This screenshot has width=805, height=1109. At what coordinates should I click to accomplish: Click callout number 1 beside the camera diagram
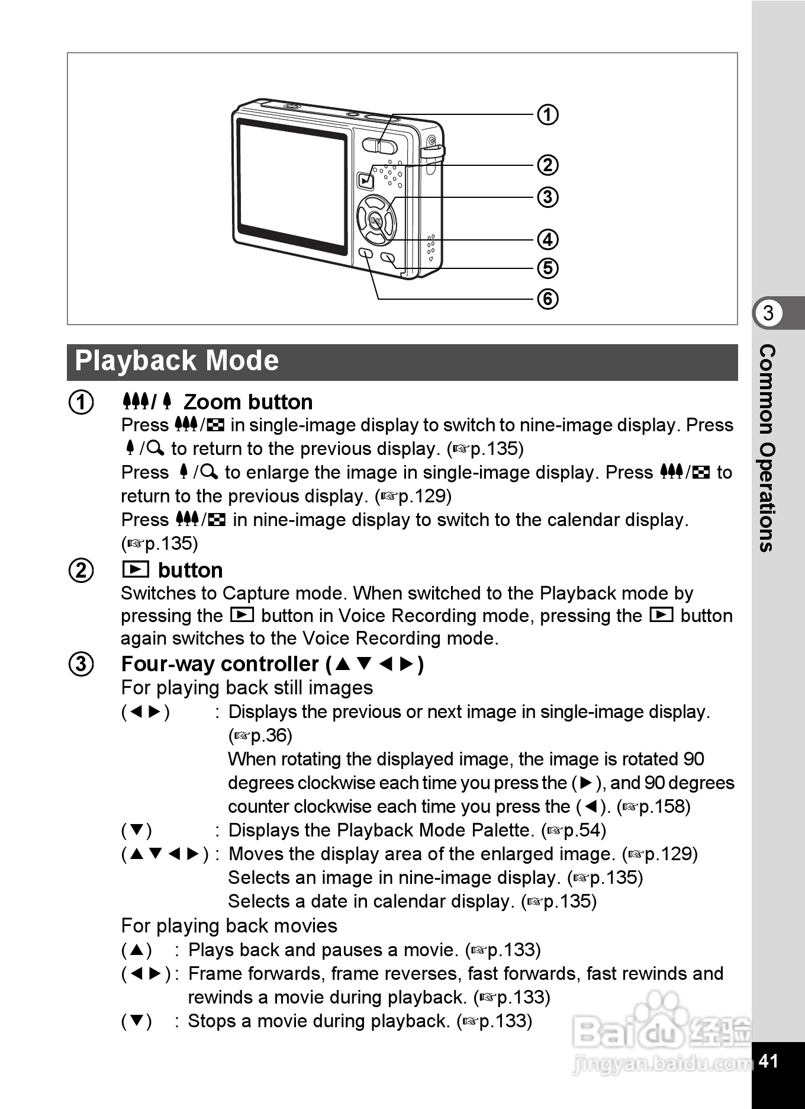(x=548, y=114)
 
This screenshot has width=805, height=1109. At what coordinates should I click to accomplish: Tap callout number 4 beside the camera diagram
(x=548, y=239)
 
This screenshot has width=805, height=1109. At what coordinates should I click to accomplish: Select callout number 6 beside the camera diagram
(x=548, y=299)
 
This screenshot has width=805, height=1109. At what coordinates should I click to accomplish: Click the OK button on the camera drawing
(x=376, y=221)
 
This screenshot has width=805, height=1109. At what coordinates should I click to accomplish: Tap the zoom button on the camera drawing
(x=380, y=146)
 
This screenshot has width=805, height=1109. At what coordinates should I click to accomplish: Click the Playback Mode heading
(x=177, y=361)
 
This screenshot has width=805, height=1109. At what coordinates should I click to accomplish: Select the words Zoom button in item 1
(x=248, y=402)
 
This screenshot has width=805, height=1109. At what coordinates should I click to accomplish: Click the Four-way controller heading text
(x=220, y=664)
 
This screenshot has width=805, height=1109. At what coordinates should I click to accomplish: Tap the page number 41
(x=768, y=1060)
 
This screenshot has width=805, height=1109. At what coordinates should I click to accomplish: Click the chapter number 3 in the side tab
(x=768, y=313)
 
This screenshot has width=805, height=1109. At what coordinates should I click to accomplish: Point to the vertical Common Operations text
(x=767, y=448)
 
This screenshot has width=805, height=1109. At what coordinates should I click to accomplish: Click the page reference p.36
(x=271, y=735)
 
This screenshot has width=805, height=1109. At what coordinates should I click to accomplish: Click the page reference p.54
(x=584, y=830)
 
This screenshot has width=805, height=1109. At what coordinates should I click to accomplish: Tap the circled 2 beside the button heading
(x=82, y=570)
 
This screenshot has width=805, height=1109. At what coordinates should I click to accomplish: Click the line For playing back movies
(x=229, y=925)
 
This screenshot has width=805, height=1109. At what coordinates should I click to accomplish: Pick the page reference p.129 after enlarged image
(x=669, y=854)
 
